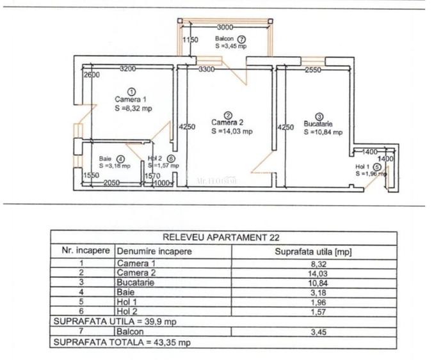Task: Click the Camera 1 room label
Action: pos(131,99)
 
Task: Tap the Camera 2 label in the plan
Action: pos(227,122)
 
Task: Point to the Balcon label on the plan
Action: pos(225,38)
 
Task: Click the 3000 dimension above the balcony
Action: pos(225,27)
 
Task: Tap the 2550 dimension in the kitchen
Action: pos(313,70)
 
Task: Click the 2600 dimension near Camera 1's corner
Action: pos(91,75)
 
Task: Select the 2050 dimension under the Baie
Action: pos(112,183)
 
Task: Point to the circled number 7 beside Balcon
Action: pos(241,38)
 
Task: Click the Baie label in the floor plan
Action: pos(106,159)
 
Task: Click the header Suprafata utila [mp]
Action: pos(313,251)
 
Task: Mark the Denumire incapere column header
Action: pos(154,251)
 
